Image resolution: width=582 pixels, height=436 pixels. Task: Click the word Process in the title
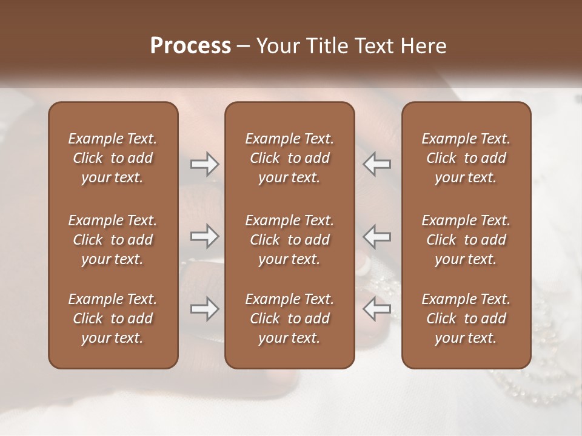click(190, 46)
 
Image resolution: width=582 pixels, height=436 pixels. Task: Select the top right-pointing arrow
click(204, 164)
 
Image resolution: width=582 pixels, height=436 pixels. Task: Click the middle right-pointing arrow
click(204, 236)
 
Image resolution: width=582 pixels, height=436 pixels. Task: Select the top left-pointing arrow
click(376, 164)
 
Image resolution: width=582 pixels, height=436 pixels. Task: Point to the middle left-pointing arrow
click(376, 236)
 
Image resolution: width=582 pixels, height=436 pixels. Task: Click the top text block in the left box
click(113, 158)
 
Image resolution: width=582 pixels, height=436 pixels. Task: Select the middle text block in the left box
click(113, 240)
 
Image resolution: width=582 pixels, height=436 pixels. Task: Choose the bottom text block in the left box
click(113, 319)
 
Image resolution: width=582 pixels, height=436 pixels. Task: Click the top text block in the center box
click(289, 158)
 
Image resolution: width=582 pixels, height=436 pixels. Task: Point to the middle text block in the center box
click(289, 240)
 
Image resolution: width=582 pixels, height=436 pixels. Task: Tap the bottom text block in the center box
click(289, 319)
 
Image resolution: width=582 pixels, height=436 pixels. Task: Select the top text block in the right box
click(466, 158)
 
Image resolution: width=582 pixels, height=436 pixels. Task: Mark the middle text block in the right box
click(466, 240)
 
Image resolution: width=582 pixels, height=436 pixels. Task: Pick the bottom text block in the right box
click(466, 319)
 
